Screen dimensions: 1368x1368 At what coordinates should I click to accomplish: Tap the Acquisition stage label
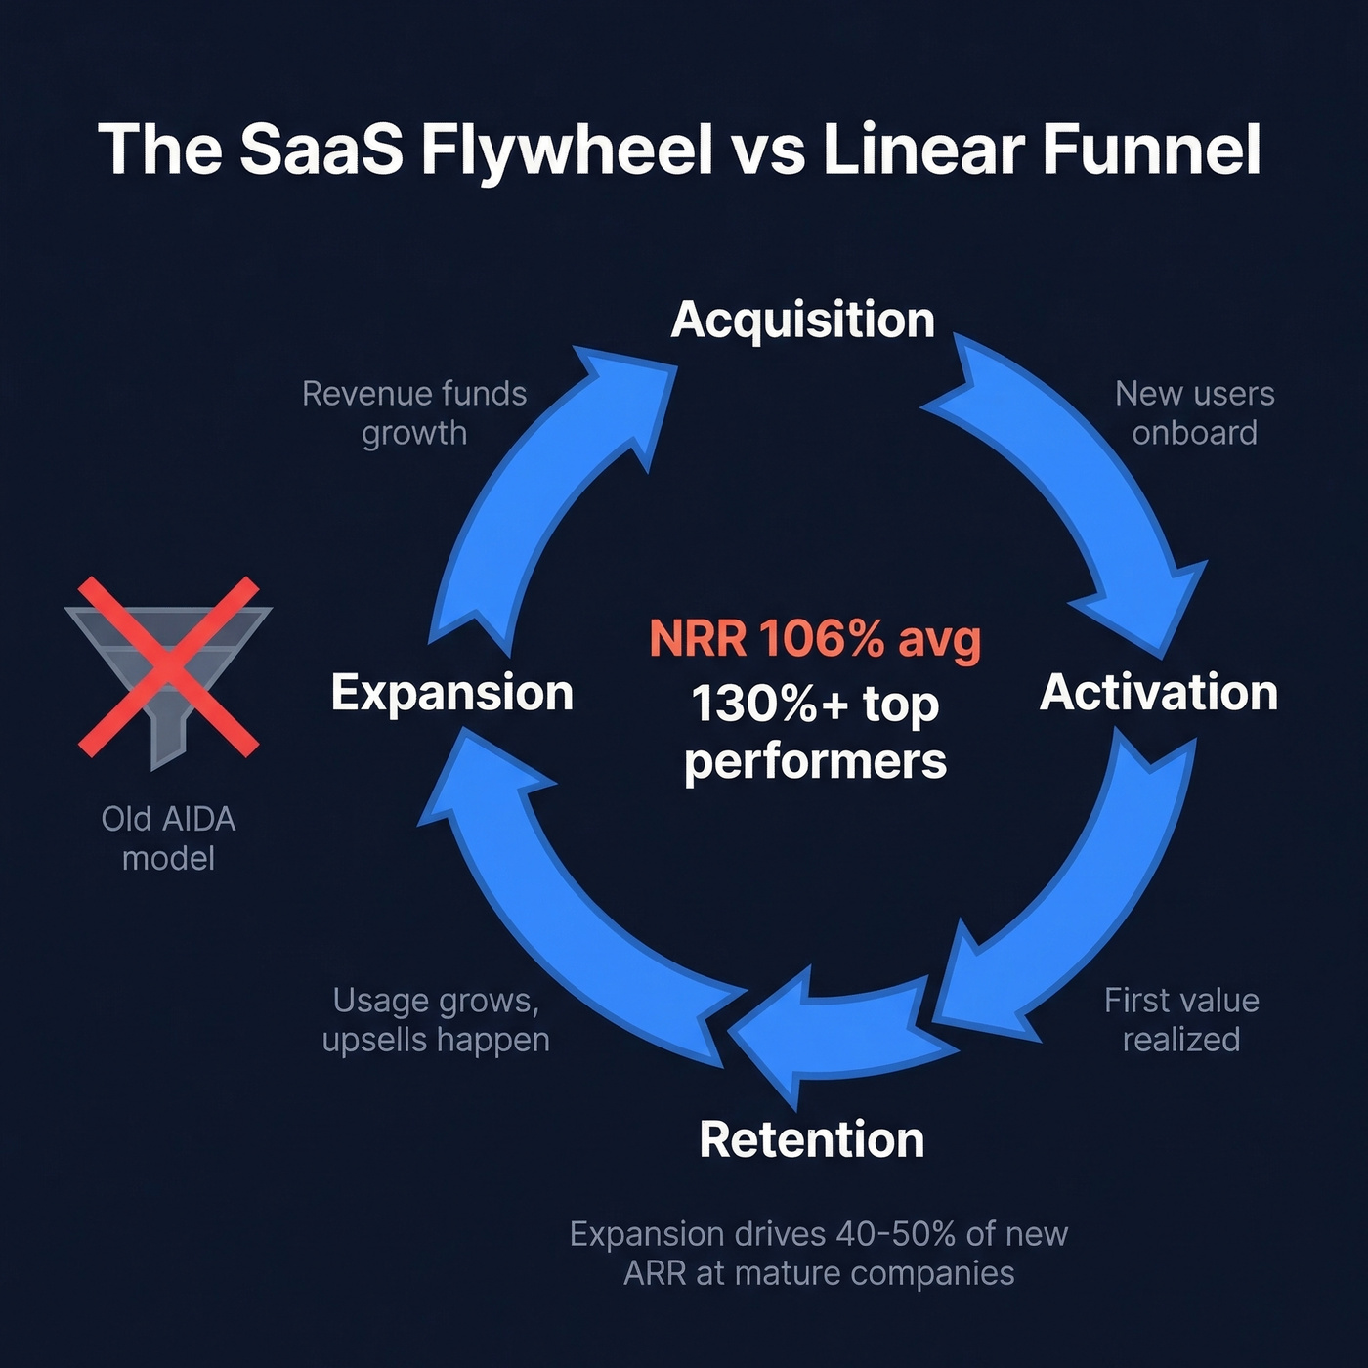[802, 320]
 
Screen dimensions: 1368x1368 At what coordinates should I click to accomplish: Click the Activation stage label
[1159, 693]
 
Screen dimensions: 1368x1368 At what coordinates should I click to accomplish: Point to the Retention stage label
[812, 1139]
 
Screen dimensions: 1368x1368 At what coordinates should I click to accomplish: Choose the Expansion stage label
[451, 693]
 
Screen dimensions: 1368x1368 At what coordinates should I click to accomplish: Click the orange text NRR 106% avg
[815, 639]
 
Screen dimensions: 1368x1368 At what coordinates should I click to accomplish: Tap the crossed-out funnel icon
[168, 667]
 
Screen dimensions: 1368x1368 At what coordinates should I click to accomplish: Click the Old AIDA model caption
[168, 837]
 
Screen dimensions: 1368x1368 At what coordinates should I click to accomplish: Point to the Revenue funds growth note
[414, 412]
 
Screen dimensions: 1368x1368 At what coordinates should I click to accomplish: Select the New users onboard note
[1194, 412]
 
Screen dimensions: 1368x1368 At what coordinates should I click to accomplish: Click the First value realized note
[1181, 1019]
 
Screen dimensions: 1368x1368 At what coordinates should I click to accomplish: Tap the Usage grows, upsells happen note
[436, 1019]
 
